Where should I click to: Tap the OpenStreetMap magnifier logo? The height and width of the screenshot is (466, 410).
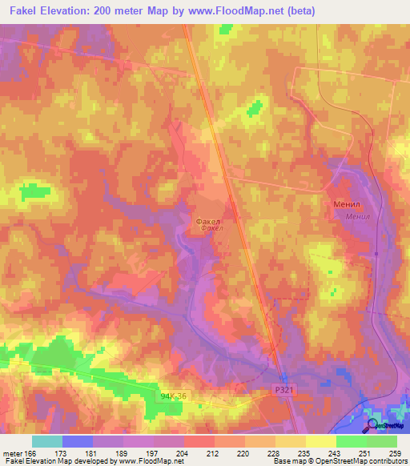point(372,424)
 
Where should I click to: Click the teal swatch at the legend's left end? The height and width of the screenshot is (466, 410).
point(46,441)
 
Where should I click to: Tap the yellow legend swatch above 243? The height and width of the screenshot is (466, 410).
point(320,441)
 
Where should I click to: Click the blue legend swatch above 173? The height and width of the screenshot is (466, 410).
point(77,441)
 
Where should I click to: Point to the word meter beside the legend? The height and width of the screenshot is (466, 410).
point(13,452)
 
